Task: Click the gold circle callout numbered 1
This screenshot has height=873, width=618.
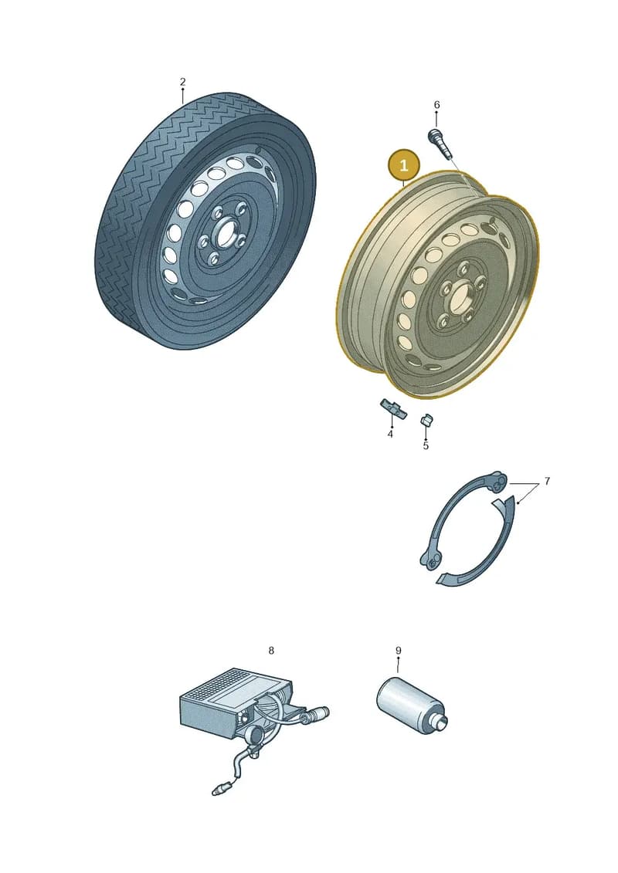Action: click(x=403, y=165)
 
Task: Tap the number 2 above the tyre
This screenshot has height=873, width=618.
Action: click(x=183, y=82)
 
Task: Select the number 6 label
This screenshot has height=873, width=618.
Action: click(x=437, y=105)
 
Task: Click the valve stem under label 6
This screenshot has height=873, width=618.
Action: click(x=440, y=143)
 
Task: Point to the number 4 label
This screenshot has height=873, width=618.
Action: click(x=390, y=434)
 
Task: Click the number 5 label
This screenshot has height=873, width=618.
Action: click(x=426, y=445)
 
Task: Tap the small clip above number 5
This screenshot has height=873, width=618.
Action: click(x=427, y=420)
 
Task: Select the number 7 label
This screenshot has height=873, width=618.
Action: click(x=547, y=480)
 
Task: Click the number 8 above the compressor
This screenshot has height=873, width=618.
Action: click(x=271, y=650)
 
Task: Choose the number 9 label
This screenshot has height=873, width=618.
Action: click(x=399, y=650)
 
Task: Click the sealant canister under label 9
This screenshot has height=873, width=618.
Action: click(x=412, y=704)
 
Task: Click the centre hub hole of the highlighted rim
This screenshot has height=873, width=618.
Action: click(x=460, y=295)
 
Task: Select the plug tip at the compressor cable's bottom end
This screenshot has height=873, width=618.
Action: click(x=218, y=790)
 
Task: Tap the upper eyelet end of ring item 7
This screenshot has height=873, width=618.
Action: click(x=497, y=482)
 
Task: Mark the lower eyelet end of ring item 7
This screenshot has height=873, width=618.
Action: click(x=431, y=560)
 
